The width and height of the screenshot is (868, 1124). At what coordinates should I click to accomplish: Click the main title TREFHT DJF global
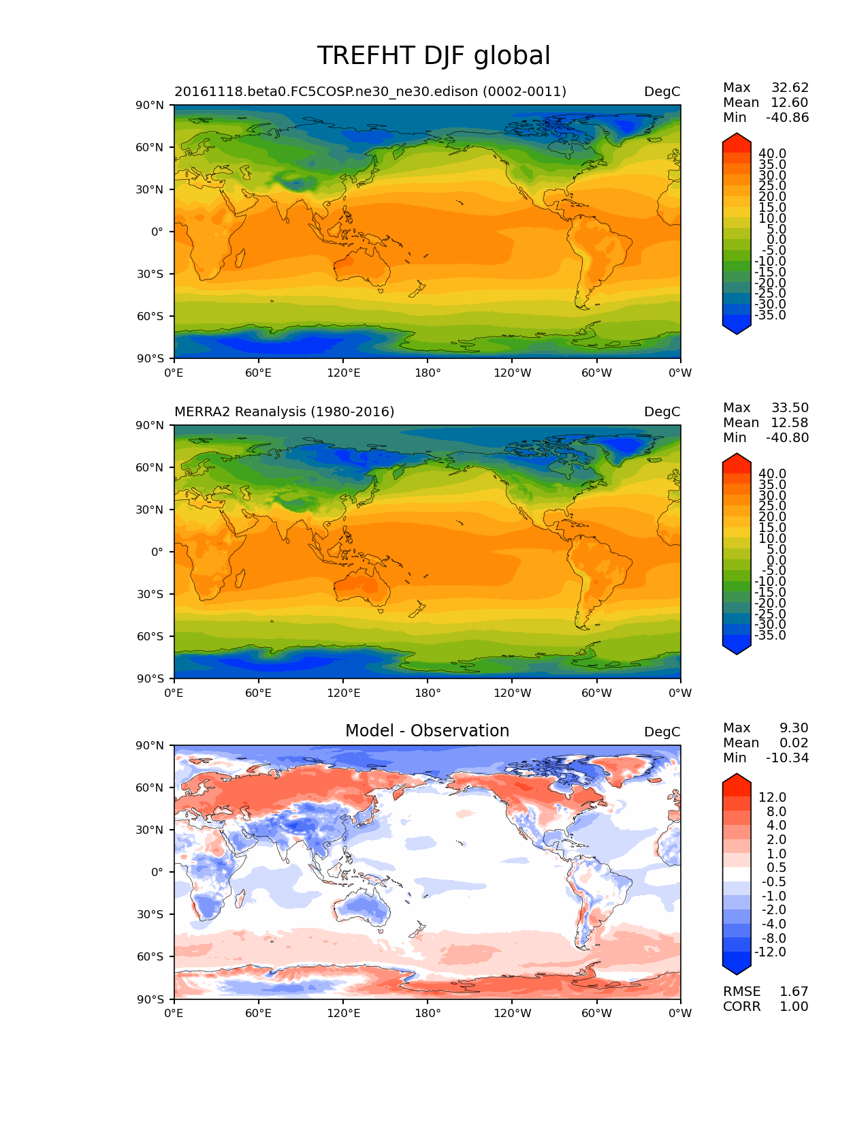coord(434,56)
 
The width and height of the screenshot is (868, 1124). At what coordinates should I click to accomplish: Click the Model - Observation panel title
coord(427,731)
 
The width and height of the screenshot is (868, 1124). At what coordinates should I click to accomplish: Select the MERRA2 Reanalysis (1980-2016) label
coord(285,411)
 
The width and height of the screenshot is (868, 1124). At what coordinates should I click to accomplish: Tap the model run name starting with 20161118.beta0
coord(370,91)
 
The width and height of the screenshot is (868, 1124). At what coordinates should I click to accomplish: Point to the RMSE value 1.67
coord(794,991)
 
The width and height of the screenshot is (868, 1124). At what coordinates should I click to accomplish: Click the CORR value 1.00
coord(794,1006)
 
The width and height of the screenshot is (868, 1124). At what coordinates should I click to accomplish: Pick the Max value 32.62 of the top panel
coord(790,87)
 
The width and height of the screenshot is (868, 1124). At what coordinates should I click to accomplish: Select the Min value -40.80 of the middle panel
coord(788,437)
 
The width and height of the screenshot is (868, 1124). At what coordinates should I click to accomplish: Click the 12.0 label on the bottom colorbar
coord(772,797)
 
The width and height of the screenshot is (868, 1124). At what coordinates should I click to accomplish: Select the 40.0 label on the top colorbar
coord(772,153)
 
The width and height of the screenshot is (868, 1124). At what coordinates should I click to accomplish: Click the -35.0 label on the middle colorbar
coord(770,635)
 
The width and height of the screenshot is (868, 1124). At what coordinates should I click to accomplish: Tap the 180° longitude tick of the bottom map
coord(428,1013)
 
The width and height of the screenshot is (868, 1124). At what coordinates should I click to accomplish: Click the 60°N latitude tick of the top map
coord(150,147)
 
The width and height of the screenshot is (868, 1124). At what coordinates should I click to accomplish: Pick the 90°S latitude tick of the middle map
coord(150,678)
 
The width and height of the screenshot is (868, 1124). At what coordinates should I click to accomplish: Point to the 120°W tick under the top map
coord(512,373)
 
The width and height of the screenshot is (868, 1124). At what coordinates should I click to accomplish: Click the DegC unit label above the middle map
coord(662,411)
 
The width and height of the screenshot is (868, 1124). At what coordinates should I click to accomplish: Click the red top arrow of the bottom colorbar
coord(737,783)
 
